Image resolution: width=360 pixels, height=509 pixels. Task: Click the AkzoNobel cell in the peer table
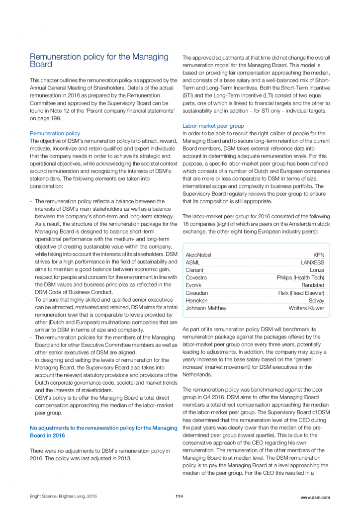coord(198,255)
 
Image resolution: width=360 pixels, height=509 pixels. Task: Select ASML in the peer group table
coord(193,262)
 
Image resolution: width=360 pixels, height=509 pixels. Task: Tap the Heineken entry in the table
coord(196,301)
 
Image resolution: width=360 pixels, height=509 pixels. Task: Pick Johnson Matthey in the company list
coord(205,308)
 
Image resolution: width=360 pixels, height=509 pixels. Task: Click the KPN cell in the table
coord(319,255)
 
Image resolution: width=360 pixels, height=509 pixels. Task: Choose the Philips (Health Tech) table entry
coord(300,278)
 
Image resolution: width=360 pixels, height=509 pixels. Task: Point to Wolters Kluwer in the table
coord(306,308)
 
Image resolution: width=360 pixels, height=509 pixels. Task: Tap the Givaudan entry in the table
coord(197,293)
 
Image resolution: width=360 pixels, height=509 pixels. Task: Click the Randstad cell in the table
coord(313,285)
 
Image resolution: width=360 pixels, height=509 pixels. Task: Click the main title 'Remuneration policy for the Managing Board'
coord(99,61)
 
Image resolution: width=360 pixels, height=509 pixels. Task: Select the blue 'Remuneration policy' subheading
coord(55,133)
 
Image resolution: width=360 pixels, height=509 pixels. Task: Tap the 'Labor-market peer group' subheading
coord(213,126)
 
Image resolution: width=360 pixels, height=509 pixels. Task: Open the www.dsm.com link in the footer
coord(315,497)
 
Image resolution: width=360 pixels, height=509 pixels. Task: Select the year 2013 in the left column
coord(124,458)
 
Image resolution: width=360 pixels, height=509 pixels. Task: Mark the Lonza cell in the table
coord(317,270)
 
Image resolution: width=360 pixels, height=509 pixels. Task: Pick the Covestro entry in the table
coord(196,278)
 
